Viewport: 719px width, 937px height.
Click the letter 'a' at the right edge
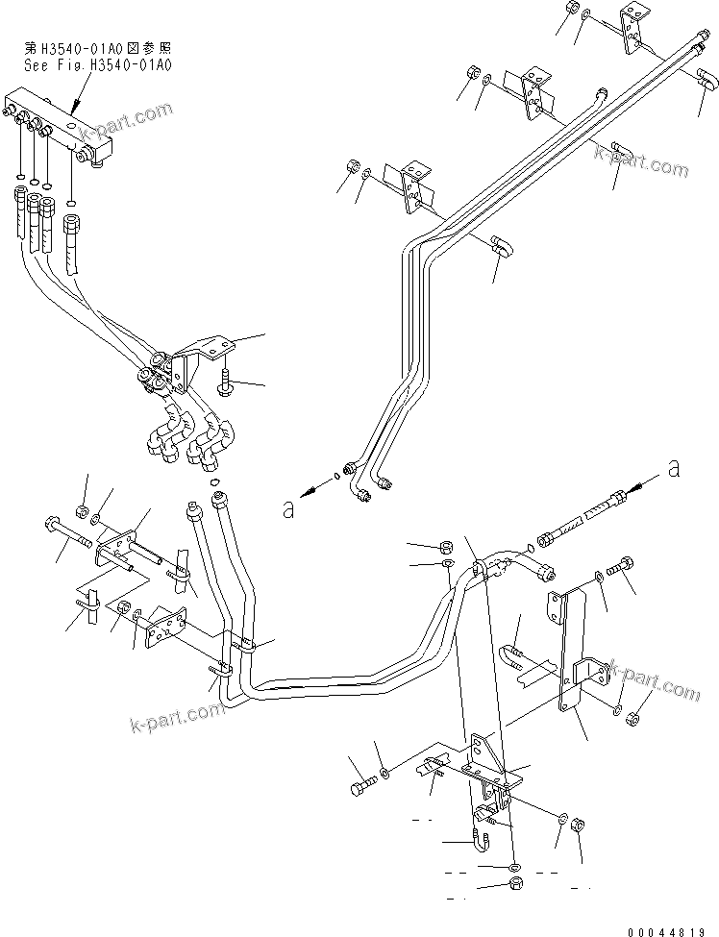click(x=674, y=468)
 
